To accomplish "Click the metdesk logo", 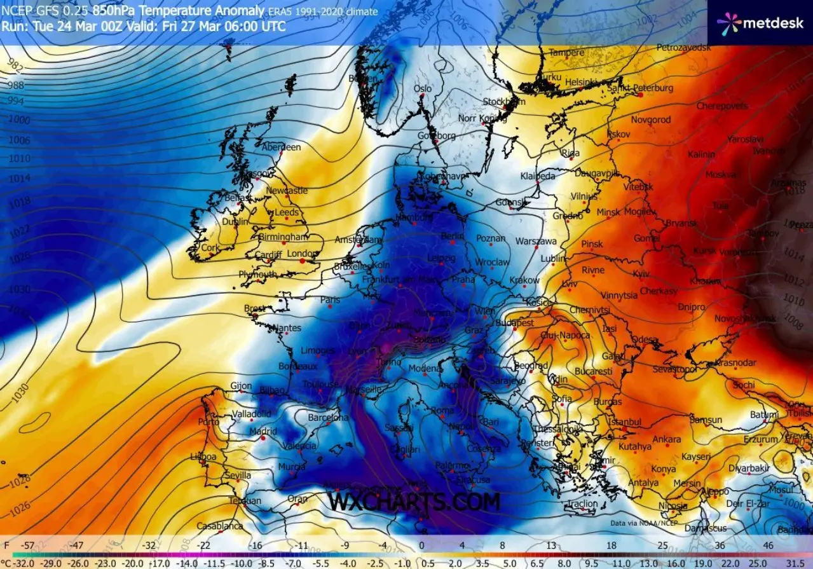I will click(760, 23).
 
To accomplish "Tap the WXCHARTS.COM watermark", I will click(414, 502).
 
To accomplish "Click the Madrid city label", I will click(263, 432).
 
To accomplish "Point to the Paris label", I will click(330, 299).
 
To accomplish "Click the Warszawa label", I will click(535, 242).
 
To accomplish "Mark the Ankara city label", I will click(667, 439).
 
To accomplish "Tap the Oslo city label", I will click(422, 89).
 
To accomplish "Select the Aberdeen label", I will click(281, 147).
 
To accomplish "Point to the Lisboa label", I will click(203, 456).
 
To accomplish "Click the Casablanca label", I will click(219, 526).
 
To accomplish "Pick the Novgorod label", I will click(650, 120).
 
